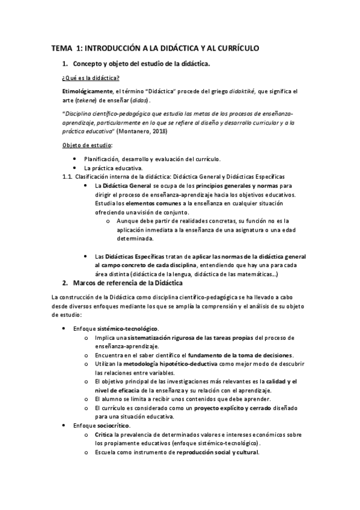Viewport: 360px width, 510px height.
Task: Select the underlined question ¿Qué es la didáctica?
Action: point(90,78)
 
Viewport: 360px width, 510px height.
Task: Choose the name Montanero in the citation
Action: point(135,131)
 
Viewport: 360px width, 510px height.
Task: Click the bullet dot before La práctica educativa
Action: point(74,168)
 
